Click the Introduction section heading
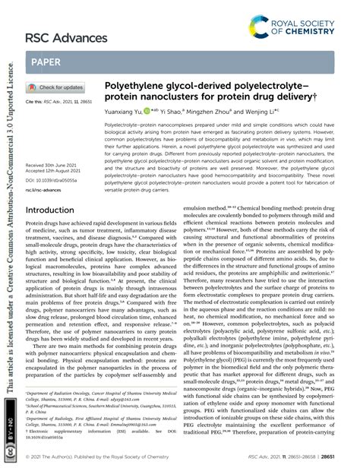(x=57, y=210)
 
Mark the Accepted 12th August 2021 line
(x=56, y=172)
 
